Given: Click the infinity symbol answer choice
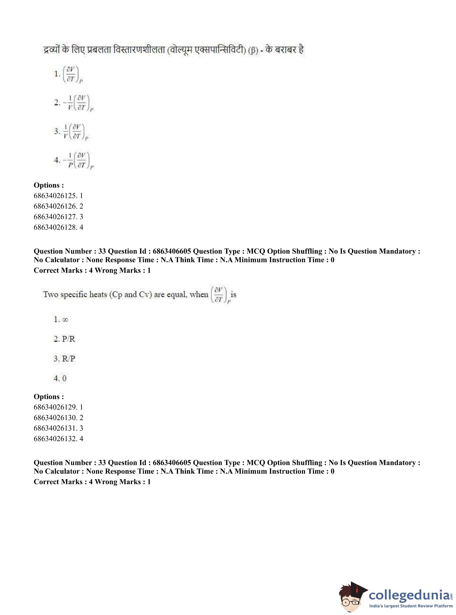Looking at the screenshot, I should click(x=65, y=320).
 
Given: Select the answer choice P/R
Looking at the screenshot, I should click(x=68, y=339).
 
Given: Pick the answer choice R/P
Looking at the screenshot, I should click(x=68, y=359).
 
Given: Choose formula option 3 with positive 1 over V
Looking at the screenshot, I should click(x=75, y=131).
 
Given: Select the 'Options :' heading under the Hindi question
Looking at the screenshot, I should click(x=49, y=185).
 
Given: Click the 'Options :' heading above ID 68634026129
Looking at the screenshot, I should click(x=49, y=397).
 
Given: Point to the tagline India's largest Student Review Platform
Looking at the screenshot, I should click(x=411, y=606).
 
